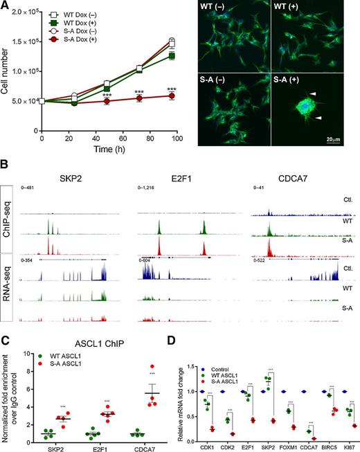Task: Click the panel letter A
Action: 6,6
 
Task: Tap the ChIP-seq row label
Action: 8,222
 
